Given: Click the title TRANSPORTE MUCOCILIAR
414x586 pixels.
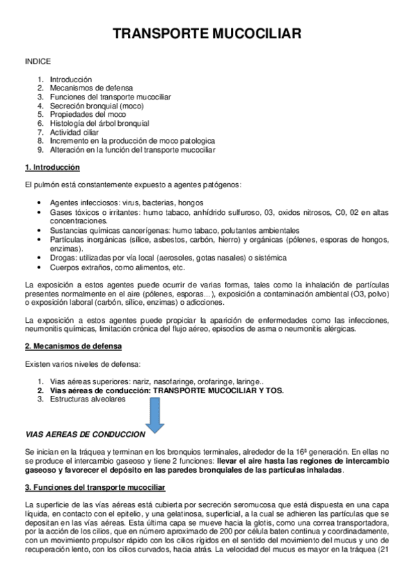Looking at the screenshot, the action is point(207,34).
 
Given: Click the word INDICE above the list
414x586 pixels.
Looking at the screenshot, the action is point(37,62).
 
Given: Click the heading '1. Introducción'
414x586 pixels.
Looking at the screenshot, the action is point(52,167).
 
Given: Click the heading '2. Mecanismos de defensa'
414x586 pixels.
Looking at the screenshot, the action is point(73,346).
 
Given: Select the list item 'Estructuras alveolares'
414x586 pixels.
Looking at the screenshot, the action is point(87,399).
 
